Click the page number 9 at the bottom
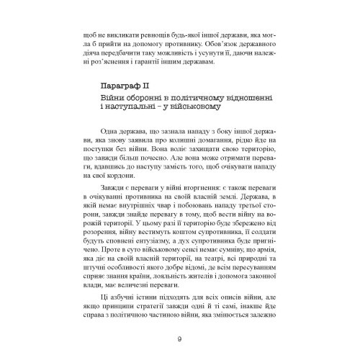179,341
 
